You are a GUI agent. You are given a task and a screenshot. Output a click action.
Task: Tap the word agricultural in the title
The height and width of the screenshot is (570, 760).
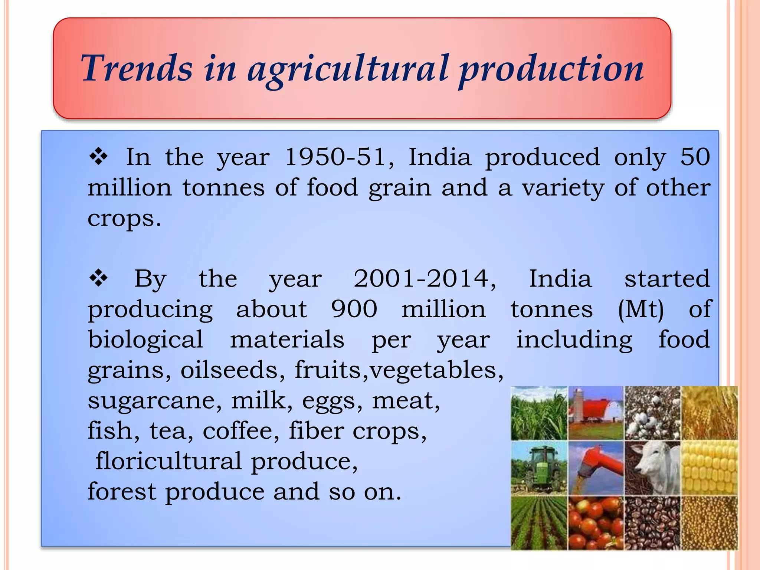point(348,69)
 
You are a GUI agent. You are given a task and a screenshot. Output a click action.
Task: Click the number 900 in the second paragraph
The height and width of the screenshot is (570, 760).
point(354,309)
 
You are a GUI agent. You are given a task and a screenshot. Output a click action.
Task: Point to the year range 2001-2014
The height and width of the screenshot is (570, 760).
point(425,278)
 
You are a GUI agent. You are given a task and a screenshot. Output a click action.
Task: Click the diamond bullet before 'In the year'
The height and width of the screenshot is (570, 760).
point(98,157)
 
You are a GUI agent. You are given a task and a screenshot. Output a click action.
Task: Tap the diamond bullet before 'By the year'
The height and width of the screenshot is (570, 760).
point(98,278)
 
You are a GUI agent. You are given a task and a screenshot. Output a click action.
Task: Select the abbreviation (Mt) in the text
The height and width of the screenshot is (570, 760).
point(641,309)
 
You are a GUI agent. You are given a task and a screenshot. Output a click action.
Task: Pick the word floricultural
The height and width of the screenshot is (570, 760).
point(169,461)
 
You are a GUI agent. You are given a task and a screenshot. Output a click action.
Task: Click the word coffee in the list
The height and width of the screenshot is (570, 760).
point(241,430)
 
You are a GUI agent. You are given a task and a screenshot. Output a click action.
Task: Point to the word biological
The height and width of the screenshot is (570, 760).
point(145,339)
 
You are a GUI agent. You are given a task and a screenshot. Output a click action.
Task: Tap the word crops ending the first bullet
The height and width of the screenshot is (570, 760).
point(124,218)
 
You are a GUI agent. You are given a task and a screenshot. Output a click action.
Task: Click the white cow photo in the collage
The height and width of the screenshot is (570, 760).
point(652,468)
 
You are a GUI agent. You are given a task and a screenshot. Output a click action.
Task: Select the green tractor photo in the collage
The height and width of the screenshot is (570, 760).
point(539,468)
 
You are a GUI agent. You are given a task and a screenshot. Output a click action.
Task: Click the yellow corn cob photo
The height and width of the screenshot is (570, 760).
point(710,468)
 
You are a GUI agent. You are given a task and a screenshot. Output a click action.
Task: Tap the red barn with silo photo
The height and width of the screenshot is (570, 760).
point(596,413)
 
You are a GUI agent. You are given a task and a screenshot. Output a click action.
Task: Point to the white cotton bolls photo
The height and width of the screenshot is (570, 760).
point(652,413)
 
